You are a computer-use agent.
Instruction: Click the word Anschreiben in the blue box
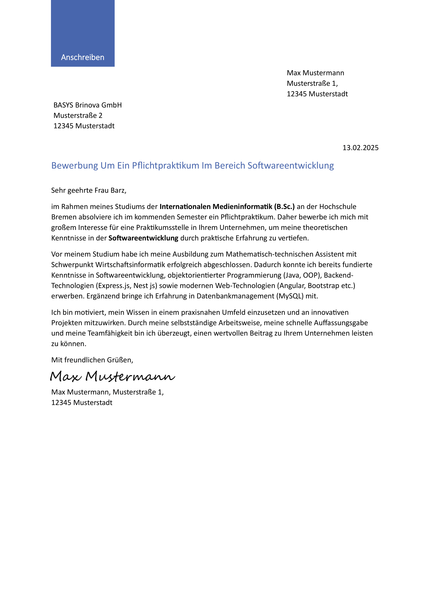(x=83, y=57)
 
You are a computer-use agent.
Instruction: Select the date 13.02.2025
(x=360, y=148)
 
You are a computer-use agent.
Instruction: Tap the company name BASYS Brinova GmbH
(x=88, y=105)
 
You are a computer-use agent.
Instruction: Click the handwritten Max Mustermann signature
(x=113, y=377)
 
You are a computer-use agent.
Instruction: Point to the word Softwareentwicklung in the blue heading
(x=290, y=166)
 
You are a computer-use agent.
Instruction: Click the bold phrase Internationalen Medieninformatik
(x=216, y=207)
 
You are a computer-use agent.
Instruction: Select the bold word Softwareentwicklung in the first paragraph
(x=143, y=238)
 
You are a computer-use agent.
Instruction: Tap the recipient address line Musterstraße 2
(x=78, y=115)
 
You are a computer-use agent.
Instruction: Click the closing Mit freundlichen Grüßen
(x=92, y=360)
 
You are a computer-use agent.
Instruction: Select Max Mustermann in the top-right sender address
(x=315, y=73)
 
